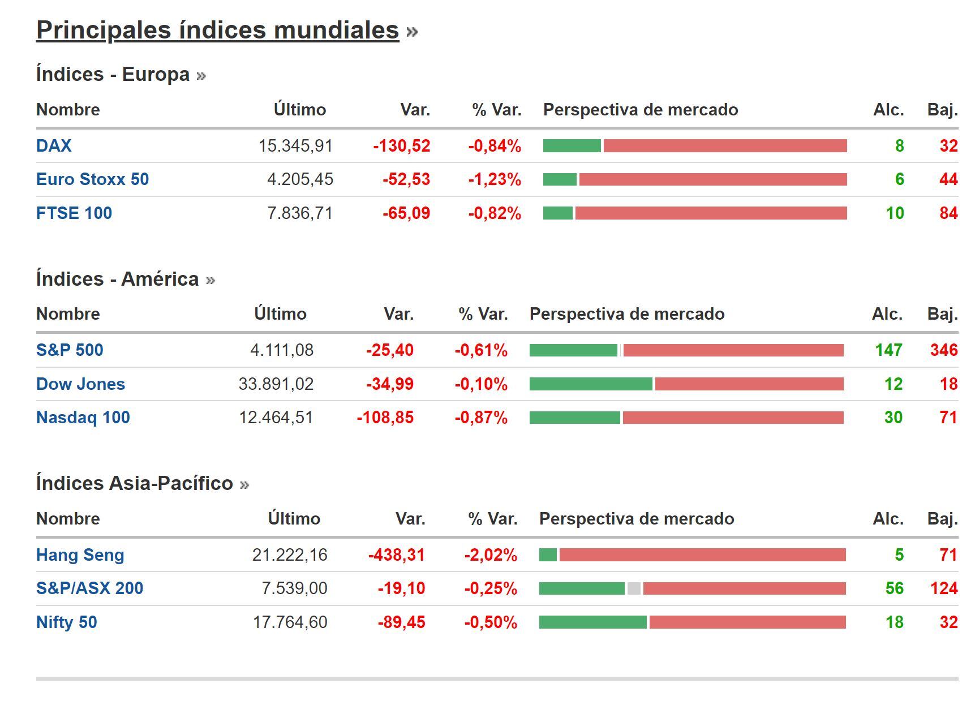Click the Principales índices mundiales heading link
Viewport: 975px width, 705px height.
pos(218,30)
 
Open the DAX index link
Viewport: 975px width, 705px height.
pos(54,146)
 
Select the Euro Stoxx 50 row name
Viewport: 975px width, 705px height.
pos(92,179)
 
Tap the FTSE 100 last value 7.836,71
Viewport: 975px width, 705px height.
pos(300,213)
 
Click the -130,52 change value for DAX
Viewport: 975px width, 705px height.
pos(402,146)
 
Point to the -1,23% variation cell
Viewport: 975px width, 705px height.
pos(495,179)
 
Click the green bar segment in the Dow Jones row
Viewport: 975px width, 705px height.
pos(590,384)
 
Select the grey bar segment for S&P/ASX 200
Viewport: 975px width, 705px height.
pos(634,588)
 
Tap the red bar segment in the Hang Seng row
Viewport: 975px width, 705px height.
pos(702,555)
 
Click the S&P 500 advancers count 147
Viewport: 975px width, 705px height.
pos(888,350)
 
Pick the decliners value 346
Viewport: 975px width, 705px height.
pos(943,350)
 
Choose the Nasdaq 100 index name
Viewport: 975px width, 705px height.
pos(83,418)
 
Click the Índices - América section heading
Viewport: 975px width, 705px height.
pos(118,279)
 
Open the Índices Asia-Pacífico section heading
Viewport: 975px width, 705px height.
pos(135,483)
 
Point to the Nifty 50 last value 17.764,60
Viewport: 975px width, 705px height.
pos(290,622)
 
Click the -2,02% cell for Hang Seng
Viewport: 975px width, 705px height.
pos(491,555)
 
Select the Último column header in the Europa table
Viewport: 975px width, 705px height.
pos(300,110)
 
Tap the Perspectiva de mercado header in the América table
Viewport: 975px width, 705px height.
pos(627,314)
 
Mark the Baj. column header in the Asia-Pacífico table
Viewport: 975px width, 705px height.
pos(942,519)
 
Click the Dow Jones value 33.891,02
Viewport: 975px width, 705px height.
pos(276,384)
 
